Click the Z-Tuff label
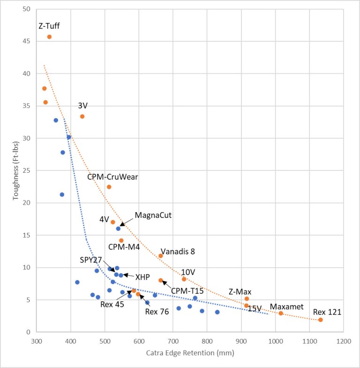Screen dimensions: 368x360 tap(49, 26)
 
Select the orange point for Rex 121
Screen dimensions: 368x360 tap(321, 320)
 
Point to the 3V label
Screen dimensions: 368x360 tap(83, 106)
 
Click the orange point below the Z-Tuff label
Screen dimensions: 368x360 tap(49, 37)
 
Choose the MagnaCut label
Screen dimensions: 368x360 tap(153, 215)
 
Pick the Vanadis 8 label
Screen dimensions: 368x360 tap(178, 251)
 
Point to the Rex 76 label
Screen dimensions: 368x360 tap(157, 311)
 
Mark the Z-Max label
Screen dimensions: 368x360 tap(240, 291)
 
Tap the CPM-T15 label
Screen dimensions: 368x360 tap(187, 291)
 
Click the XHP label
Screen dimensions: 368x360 tap(142, 276)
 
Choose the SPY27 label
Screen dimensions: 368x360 tap(91, 260)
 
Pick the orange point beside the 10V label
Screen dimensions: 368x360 tap(184, 279)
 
